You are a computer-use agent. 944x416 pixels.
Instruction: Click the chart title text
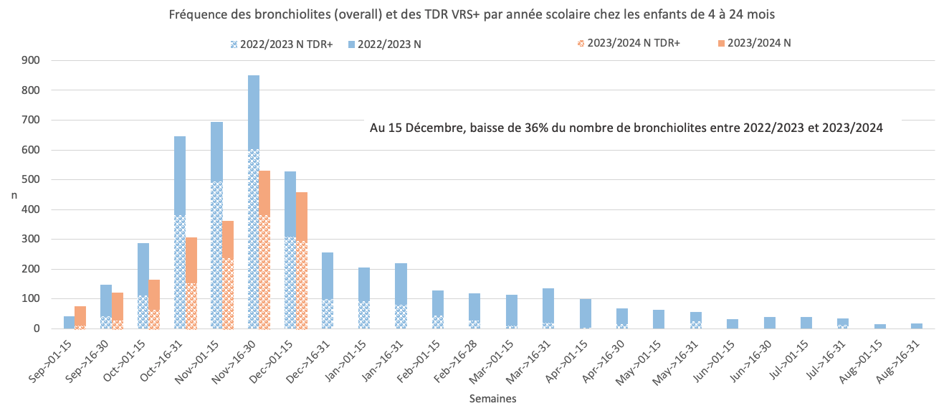(472, 14)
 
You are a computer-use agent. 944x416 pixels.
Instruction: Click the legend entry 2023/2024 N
(759, 43)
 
